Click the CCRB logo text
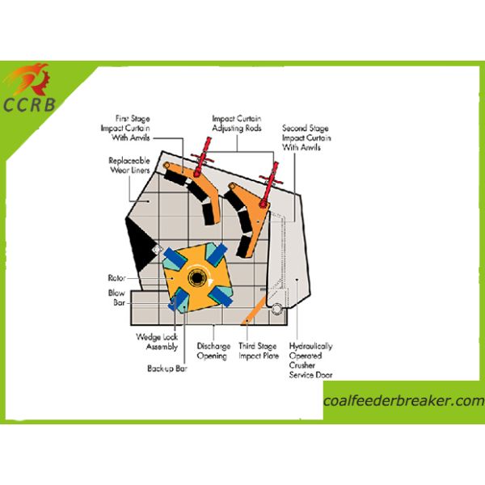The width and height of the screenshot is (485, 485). click(31, 103)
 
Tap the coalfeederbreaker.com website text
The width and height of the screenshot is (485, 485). click(403, 402)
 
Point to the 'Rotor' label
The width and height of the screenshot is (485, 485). click(116, 276)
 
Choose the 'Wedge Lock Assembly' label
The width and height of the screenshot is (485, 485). click(155, 340)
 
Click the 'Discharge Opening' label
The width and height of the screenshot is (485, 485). click(212, 351)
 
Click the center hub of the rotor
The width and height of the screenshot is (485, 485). click(196, 279)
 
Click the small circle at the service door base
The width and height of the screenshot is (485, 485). click(276, 309)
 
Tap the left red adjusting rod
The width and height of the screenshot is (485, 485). click(196, 159)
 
